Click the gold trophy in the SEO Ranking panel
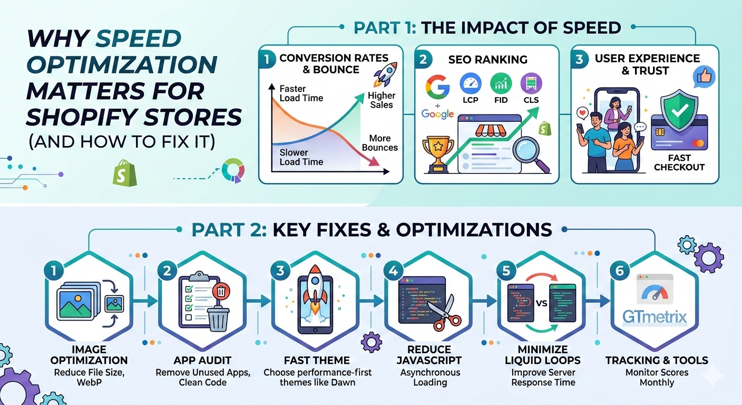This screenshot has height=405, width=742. (438, 154)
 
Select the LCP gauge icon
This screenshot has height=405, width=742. (471, 83)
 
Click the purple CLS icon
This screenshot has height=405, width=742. (531, 83)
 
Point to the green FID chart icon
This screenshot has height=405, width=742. (501, 83)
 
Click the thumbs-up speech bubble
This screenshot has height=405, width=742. (704, 77)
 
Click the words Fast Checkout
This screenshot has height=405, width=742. (679, 162)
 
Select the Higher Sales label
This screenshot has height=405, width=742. (381, 100)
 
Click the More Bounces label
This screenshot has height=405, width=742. (379, 143)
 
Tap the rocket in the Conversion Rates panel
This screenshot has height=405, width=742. (385, 74)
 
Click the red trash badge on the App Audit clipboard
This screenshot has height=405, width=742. (221, 292)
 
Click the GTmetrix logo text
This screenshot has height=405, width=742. (655, 317)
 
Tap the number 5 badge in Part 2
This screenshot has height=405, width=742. (506, 271)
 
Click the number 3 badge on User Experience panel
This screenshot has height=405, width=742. (579, 59)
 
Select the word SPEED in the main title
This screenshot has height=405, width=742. (139, 39)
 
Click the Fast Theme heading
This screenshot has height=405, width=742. (317, 360)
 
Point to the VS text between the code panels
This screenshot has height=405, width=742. (541, 303)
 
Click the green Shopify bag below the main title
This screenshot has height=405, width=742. (124, 173)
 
